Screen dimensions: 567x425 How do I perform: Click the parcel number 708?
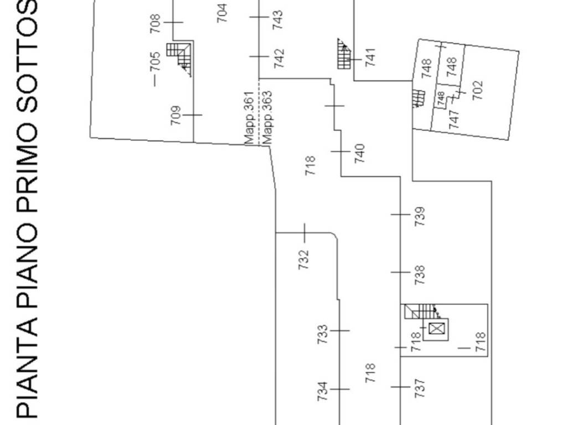(x=155, y=23)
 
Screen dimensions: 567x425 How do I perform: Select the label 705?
(x=155, y=62)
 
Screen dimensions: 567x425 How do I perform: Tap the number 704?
(x=222, y=13)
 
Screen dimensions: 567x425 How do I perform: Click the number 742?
(x=279, y=59)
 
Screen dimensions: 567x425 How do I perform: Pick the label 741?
(x=370, y=58)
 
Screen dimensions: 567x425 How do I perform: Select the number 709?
(x=176, y=115)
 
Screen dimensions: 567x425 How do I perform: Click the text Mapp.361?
(x=250, y=118)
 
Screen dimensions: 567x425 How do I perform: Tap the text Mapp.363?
(x=267, y=117)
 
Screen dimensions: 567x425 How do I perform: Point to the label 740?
(x=359, y=154)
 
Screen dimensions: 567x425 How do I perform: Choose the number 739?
(x=420, y=216)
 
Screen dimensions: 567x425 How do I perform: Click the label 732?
(x=304, y=260)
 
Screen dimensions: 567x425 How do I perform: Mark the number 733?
(x=323, y=334)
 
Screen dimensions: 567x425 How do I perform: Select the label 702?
(x=477, y=90)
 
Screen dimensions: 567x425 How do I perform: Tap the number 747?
(x=454, y=120)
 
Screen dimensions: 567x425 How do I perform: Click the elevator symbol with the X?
(x=436, y=329)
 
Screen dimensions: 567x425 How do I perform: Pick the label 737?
(x=420, y=388)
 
